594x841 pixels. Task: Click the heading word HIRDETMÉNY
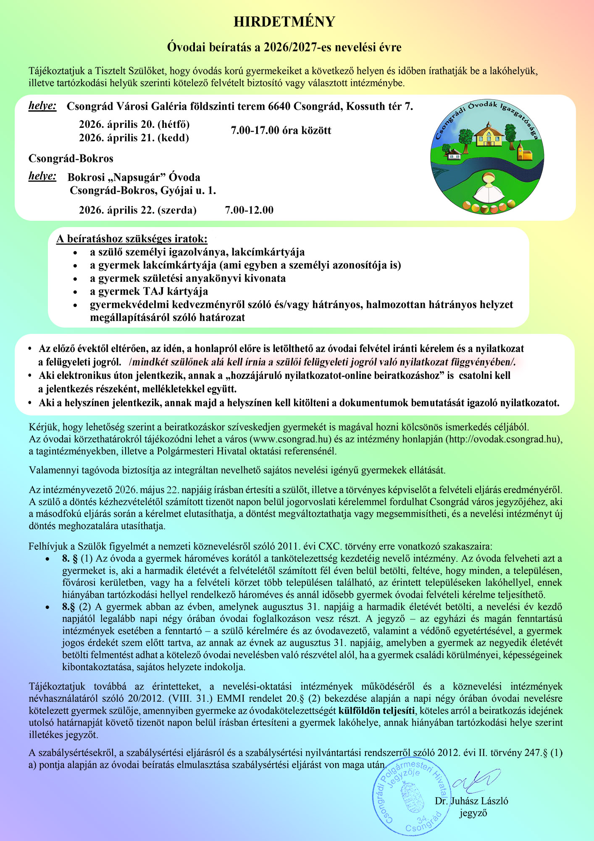[284, 22]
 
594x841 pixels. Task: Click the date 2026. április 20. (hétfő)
[134, 124]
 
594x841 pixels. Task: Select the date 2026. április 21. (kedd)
[134, 138]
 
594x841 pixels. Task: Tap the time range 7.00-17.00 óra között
[281, 130]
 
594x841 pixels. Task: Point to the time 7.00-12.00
[249, 210]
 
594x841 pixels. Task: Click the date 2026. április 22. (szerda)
[138, 210]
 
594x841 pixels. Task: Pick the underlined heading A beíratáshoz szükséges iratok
[132, 239]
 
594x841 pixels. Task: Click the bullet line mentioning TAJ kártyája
[149, 291]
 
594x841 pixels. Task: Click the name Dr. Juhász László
[471, 801]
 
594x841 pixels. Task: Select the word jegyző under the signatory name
[473, 813]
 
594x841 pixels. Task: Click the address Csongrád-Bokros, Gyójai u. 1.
[143, 190]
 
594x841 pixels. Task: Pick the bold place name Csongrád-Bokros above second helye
[71, 159]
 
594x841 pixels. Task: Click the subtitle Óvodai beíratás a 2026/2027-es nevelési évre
[284, 47]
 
